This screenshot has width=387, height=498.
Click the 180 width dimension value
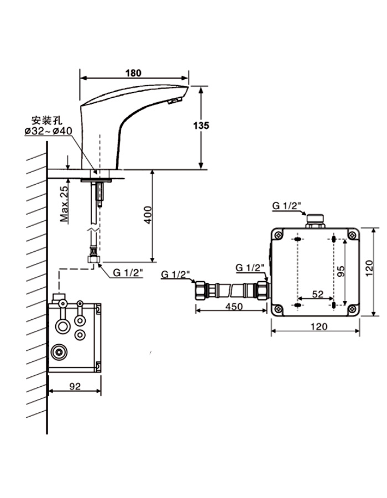pyautogui.click(x=133, y=72)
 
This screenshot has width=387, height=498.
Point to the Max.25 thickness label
pyautogui.click(x=65, y=203)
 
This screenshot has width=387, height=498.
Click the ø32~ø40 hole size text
pyautogui.click(x=48, y=131)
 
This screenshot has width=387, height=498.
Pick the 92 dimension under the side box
pyautogui.click(x=75, y=387)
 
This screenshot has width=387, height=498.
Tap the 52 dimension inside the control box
pyautogui.click(x=317, y=294)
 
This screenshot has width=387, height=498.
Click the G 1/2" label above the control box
pyautogui.click(x=286, y=206)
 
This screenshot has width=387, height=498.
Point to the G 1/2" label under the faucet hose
pyautogui.click(x=129, y=272)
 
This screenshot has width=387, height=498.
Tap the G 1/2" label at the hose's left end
pyautogui.click(x=176, y=274)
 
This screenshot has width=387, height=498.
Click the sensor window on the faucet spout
pyautogui.click(x=173, y=101)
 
